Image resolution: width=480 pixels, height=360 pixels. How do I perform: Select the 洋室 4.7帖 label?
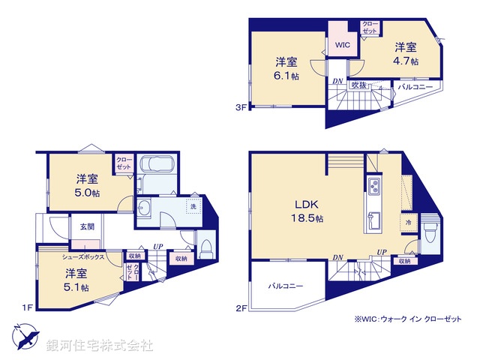[407, 52]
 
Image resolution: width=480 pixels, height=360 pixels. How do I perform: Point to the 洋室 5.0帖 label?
[87, 185]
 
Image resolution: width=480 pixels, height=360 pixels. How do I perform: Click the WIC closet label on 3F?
[342, 44]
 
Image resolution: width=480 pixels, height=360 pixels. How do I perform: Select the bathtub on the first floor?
[157, 166]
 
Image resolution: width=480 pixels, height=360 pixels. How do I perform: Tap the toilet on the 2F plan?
[430, 233]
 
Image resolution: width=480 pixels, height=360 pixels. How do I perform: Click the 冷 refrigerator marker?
[409, 223]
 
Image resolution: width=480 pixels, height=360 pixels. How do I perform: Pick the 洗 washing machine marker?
[193, 206]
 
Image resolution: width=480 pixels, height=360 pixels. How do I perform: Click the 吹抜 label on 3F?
[358, 85]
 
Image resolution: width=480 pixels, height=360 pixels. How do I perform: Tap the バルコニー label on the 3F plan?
[415, 87]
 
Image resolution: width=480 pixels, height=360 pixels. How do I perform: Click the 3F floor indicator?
[240, 108]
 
